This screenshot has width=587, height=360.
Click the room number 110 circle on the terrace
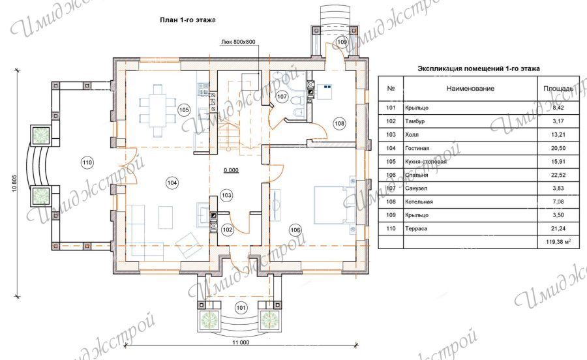point(87,163)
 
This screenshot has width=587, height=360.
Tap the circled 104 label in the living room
point(172,183)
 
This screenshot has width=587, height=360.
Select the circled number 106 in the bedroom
point(295,230)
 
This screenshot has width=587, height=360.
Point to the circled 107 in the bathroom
point(282,97)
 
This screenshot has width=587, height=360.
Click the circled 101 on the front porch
point(241,308)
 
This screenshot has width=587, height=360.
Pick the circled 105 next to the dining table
point(184,110)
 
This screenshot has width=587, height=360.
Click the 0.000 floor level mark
point(231,170)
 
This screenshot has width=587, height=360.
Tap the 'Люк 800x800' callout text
point(239,42)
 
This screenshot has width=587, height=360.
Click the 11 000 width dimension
point(241,342)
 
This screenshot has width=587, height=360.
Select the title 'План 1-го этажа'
point(188,20)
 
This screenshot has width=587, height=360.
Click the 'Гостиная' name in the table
point(417,148)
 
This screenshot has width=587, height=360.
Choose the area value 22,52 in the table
point(558,175)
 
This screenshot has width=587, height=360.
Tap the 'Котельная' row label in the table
point(419,202)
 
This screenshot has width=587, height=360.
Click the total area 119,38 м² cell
point(558,242)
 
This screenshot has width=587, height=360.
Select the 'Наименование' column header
point(470,89)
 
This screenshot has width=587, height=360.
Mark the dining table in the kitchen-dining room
point(158,106)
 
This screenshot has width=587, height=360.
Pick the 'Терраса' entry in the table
point(416,229)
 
